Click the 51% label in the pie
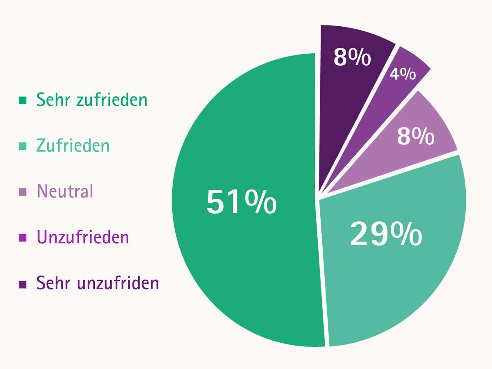click(x=241, y=202)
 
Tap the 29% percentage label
click(x=385, y=235)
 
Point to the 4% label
click(x=403, y=74)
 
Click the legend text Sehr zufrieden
click(x=91, y=100)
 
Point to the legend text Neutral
click(x=65, y=191)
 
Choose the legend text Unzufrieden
click(x=83, y=237)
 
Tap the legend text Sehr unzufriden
click(x=98, y=283)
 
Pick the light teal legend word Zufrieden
click(x=73, y=146)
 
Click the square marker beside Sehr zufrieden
click(x=23, y=100)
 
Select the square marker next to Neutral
click(x=23, y=192)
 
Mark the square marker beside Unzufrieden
click(x=23, y=238)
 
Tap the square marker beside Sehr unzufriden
click(x=23, y=284)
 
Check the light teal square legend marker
click(x=23, y=146)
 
